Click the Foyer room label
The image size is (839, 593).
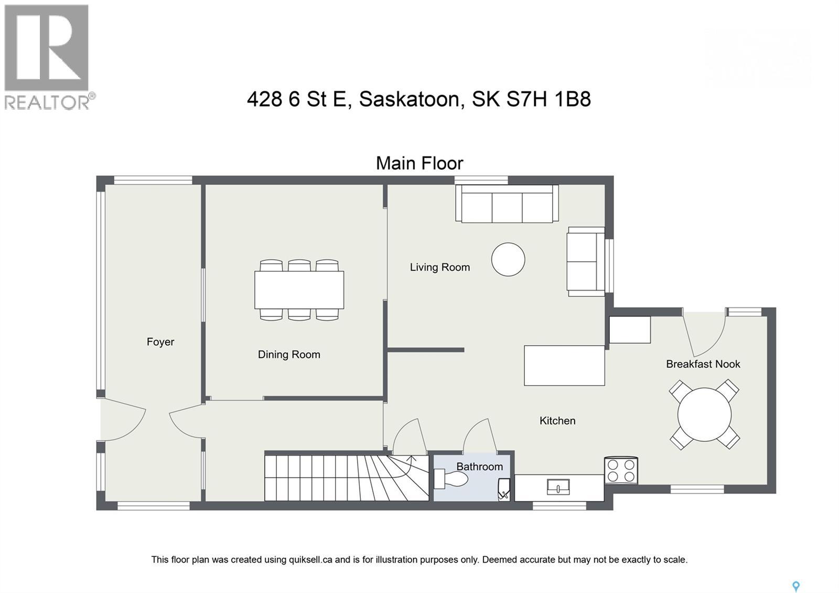coord(160,342)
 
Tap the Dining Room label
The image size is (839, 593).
coord(289,355)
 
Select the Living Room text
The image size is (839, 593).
coord(439,268)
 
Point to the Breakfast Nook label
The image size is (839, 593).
coord(703,364)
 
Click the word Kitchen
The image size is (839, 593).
coord(557,421)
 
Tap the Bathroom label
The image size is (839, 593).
coord(479,467)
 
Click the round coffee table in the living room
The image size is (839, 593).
coord(508,259)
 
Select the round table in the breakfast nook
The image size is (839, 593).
coord(704,415)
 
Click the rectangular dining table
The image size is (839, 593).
coord(299,290)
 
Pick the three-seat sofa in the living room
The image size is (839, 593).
coord(507,204)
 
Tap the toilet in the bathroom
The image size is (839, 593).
coord(451,479)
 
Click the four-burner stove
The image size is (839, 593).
coord(621,470)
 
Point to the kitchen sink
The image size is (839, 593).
coord(558,488)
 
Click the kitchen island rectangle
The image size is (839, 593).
coord(564,365)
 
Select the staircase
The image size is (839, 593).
coord(346,478)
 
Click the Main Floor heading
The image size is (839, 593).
coord(419,163)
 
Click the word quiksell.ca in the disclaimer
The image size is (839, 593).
coord(310,560)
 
